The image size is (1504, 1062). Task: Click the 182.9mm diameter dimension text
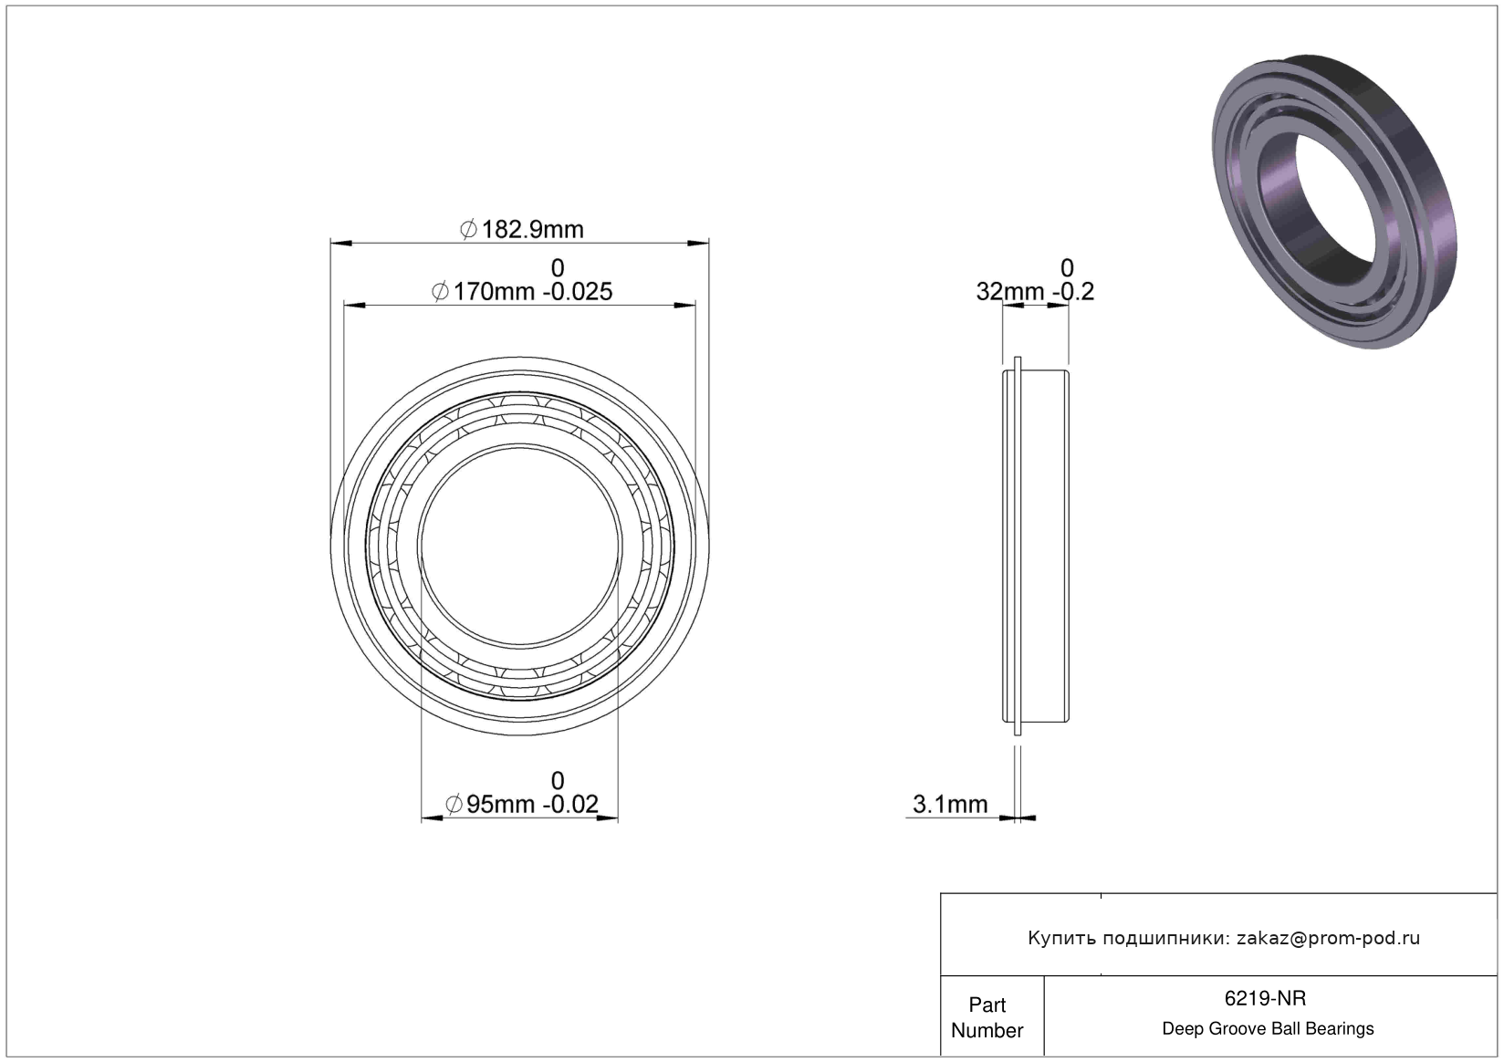pos(532,230)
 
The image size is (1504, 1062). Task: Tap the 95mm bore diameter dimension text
pos(499,804)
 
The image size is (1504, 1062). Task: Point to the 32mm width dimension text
pos(1010,291)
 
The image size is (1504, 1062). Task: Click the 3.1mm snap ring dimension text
pos(950,804)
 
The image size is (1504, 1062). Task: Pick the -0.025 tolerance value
pos(578,291)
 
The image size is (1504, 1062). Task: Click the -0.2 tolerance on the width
pos(1072,291)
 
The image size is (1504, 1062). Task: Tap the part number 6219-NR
pos(1265,998)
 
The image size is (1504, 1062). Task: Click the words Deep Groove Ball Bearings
pos(1268,1028)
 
